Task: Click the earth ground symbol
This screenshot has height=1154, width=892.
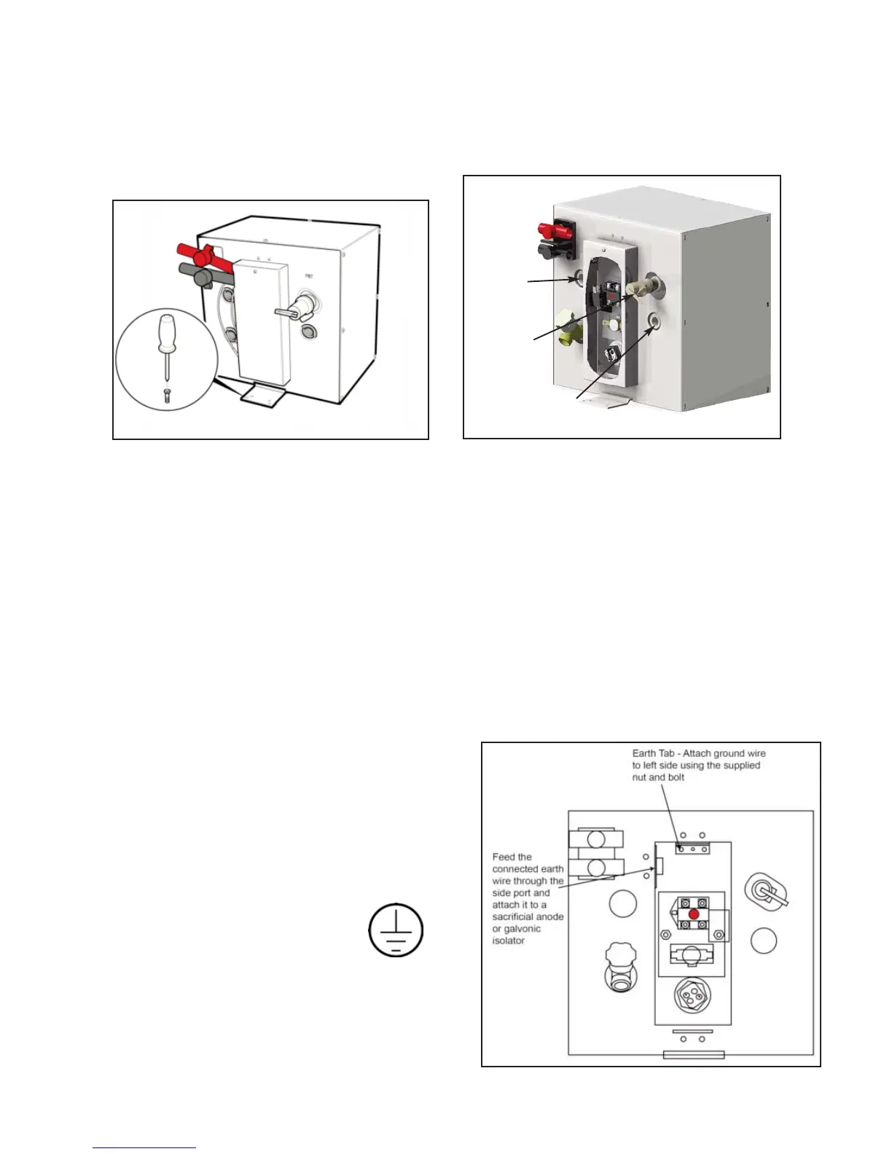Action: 396,931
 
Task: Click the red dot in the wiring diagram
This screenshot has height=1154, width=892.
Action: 693,913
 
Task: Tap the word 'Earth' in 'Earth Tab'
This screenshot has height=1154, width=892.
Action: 644,753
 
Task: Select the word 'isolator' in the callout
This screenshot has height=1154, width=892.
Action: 509,941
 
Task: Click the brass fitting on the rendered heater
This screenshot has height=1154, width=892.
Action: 566,326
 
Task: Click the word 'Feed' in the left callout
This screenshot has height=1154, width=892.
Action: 503,857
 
